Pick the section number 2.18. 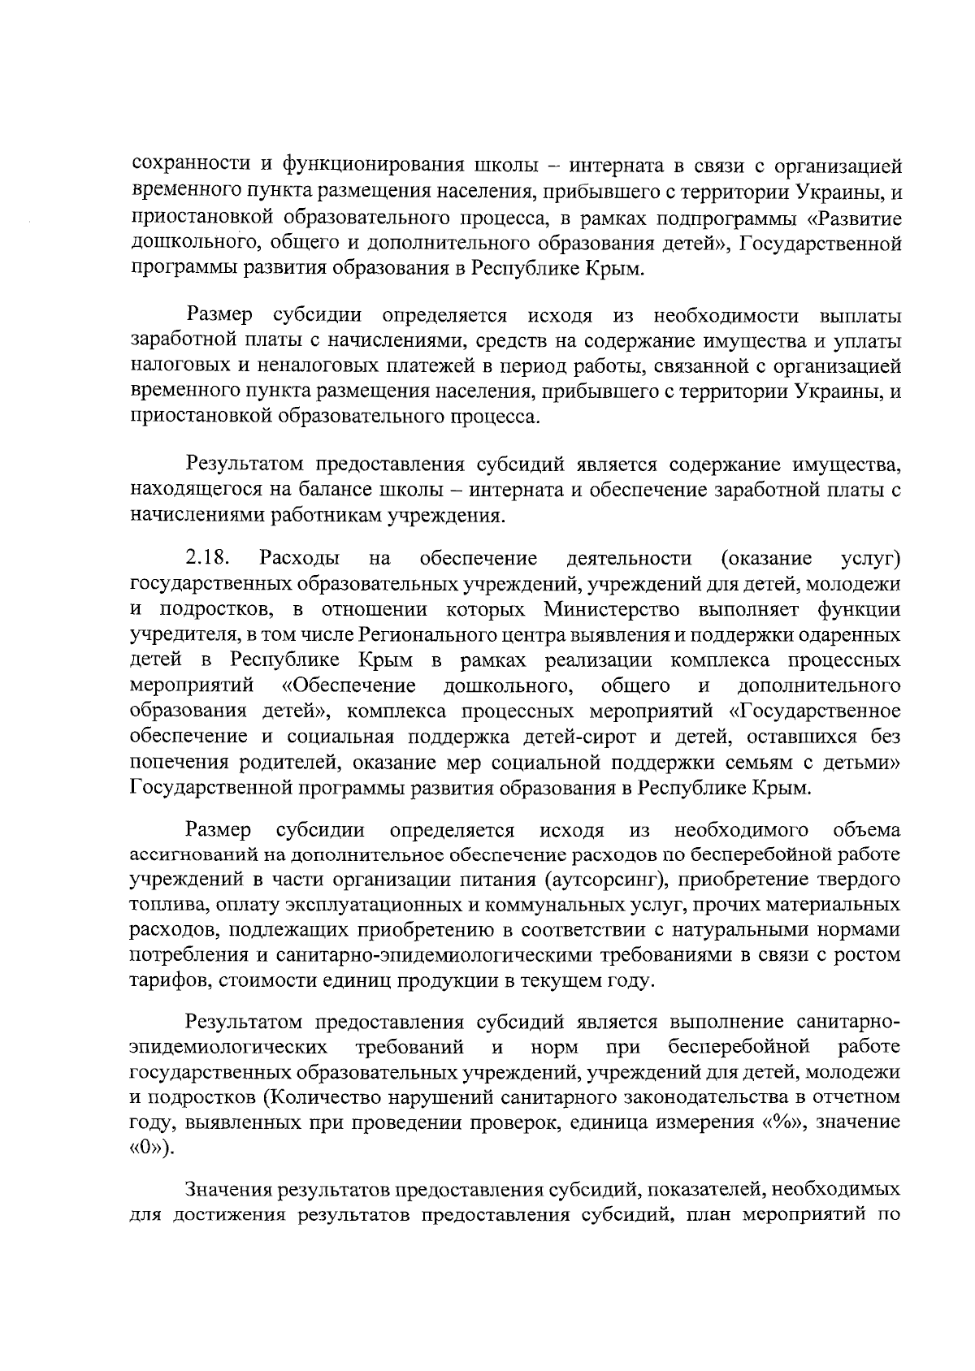(206, 558)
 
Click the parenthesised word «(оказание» (765, 558)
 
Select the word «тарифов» (167, 980)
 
